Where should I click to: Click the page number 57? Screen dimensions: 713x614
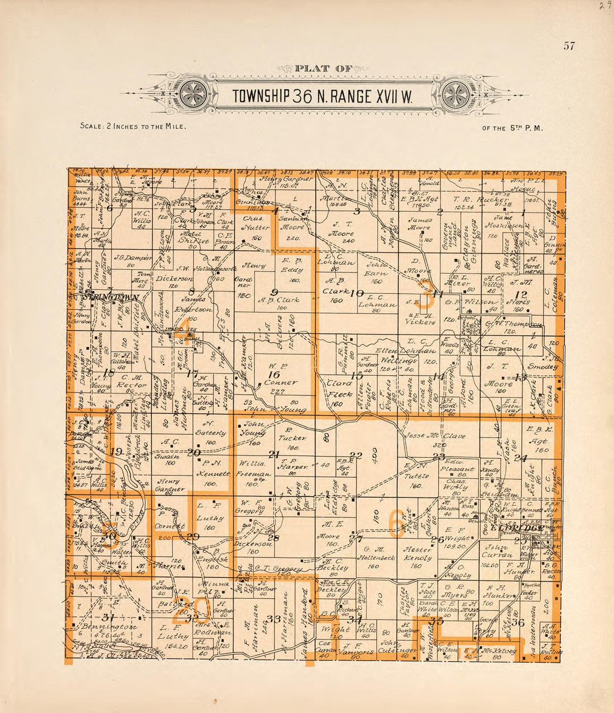(x=569, y=46)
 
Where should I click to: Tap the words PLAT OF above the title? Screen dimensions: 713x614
(x=324, y=69)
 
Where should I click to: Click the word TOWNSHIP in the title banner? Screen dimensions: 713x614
(x=261, y=96)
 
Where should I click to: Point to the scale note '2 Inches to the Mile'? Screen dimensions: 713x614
(x=133, y=126)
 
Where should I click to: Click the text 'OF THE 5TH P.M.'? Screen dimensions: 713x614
(x=512, y=128)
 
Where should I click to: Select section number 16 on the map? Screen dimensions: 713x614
(x=273, y=375)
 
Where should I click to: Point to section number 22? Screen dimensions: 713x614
(x=356, y=455)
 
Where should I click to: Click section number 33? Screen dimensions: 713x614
(x=273, y=619)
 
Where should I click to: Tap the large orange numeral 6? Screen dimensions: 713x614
(x=397, y=522)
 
